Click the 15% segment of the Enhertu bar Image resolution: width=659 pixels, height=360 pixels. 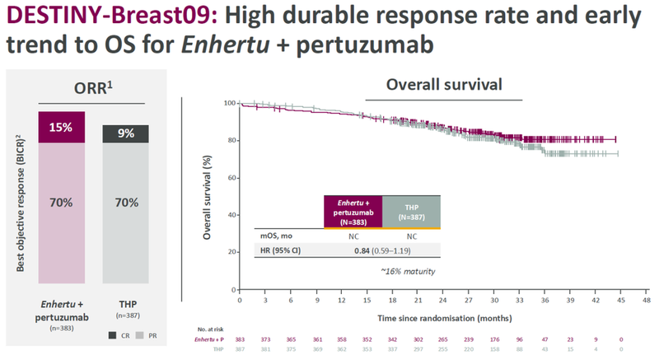(60, 129)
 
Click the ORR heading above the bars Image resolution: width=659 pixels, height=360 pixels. (92, 89)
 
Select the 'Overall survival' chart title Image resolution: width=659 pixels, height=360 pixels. (444, 85)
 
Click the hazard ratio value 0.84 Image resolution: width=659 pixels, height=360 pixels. (360, 250)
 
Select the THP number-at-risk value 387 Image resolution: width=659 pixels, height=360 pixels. (240, 349)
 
